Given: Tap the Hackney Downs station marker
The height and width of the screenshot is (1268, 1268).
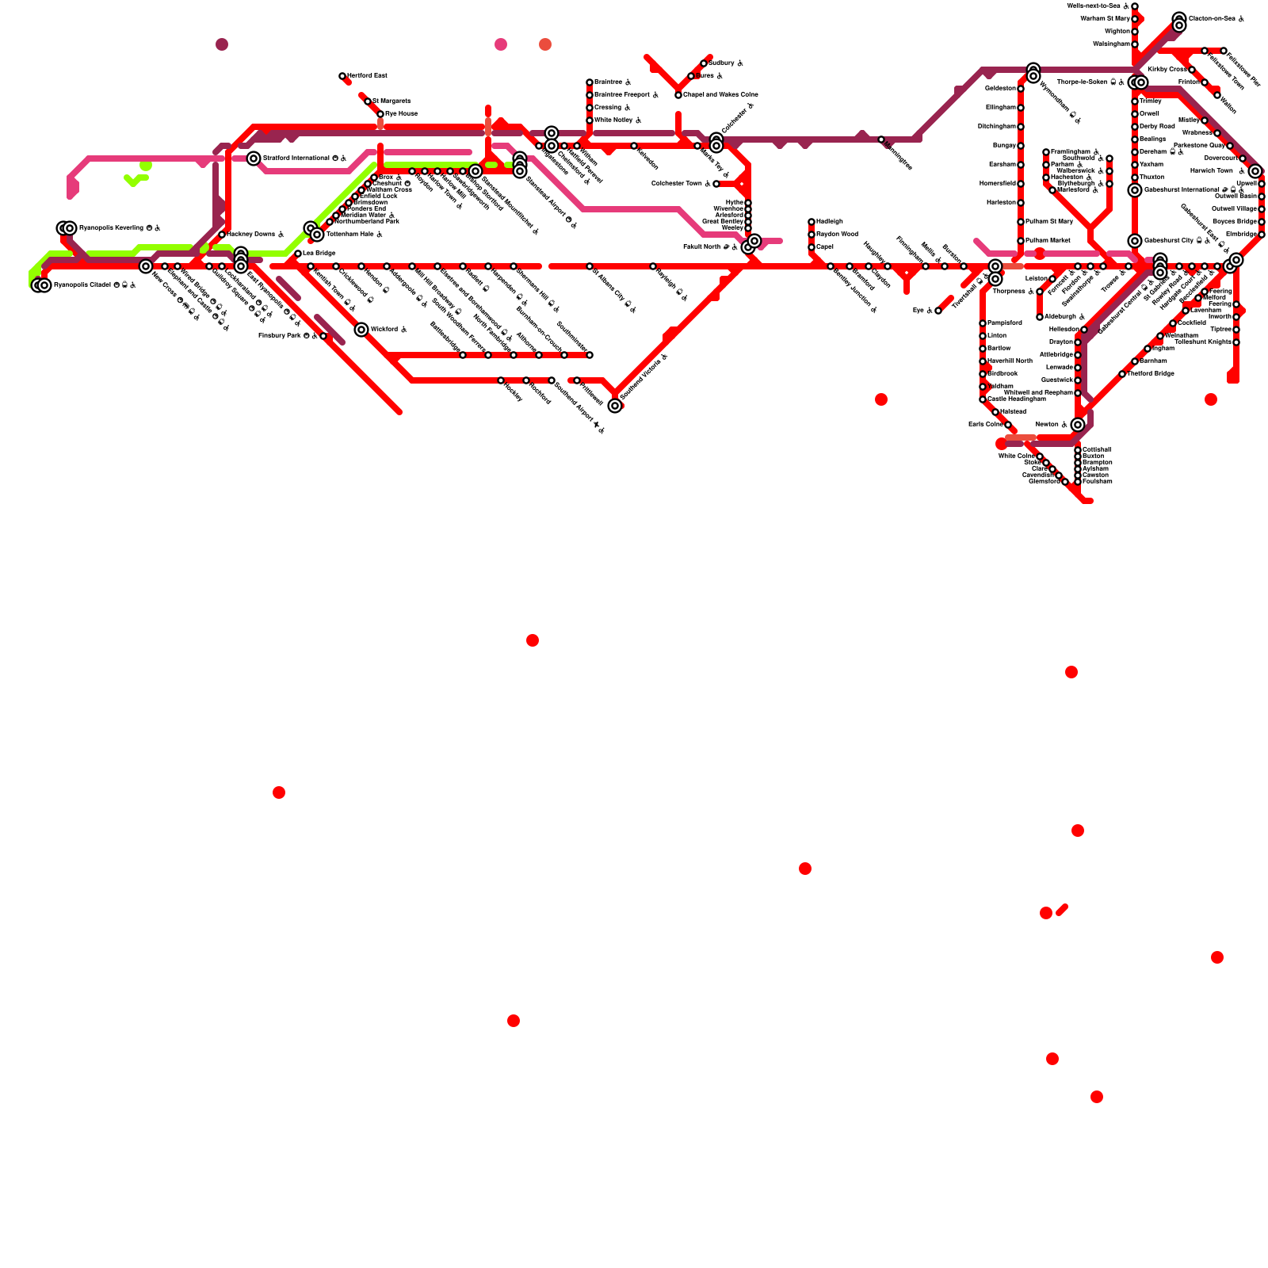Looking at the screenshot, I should pos(222,235).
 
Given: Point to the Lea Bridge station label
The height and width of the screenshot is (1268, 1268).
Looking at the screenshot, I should pos(319,254).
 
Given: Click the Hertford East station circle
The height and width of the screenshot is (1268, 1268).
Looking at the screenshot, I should pos(342,76).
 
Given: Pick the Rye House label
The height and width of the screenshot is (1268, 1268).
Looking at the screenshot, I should pos(401,114).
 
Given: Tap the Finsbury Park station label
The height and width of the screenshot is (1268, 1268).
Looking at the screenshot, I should pos(280,336).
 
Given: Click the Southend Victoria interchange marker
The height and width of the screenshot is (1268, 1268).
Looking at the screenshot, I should pos(615,406).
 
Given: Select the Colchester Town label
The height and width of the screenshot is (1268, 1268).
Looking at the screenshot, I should pos(677,184).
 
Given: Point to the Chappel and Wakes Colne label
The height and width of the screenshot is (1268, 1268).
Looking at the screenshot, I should pos(720,95).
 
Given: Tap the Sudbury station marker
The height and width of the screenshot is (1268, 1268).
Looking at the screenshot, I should pos(704,63).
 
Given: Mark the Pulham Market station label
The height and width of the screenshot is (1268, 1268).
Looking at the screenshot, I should pos(1048,241).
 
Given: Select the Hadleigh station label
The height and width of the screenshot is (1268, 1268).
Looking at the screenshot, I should pos(829,222).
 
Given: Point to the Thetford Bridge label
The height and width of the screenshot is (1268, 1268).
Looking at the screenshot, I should pos(1150,374).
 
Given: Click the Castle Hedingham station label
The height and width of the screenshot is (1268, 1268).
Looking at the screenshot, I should pos(1016,399).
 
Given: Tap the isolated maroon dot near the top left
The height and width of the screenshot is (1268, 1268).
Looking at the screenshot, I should pos(222,44).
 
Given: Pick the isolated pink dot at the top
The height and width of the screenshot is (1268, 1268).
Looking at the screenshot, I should pos(501,44).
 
